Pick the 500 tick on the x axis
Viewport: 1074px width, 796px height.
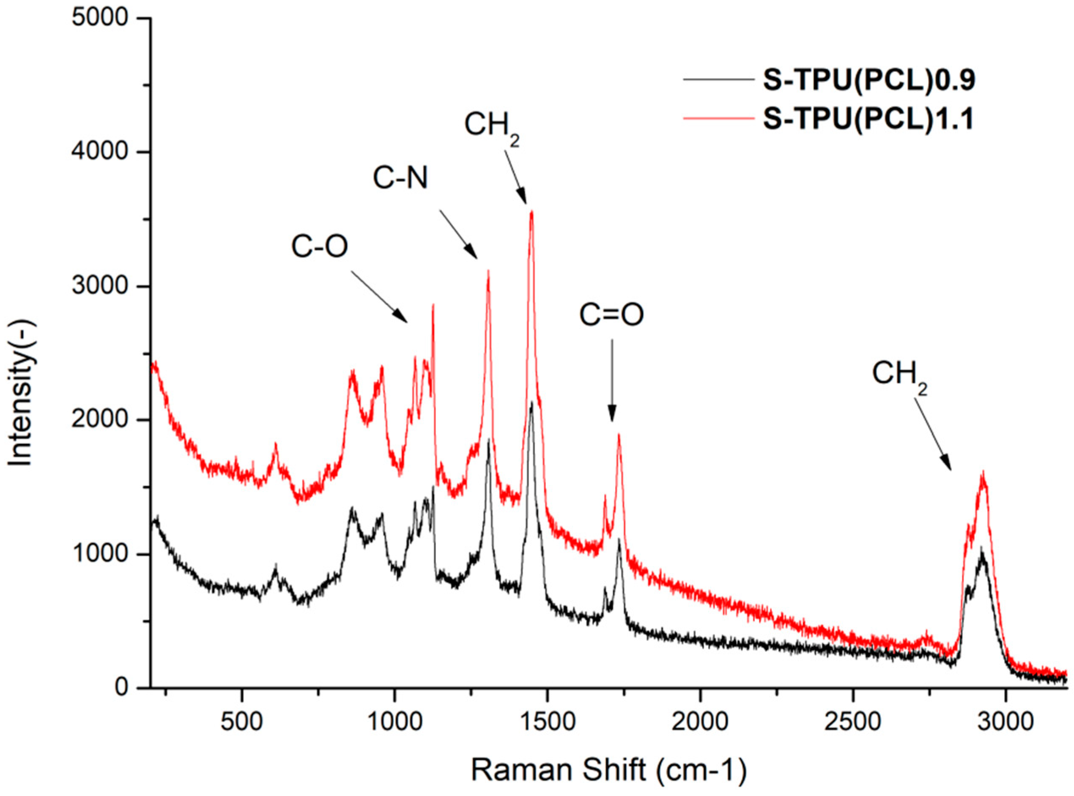click(x=241, y=721)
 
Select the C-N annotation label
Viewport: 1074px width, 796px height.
click(x=400, y=179)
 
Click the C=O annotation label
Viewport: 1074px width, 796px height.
click(x=611, y=315)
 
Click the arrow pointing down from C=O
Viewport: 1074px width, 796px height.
click(x=612, y=380)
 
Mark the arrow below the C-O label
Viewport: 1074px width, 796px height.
click(x=379, y=297)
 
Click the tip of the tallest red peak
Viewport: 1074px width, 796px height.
click(x=532, y=212)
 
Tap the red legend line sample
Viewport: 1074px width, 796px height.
click(x=718, y=118)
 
